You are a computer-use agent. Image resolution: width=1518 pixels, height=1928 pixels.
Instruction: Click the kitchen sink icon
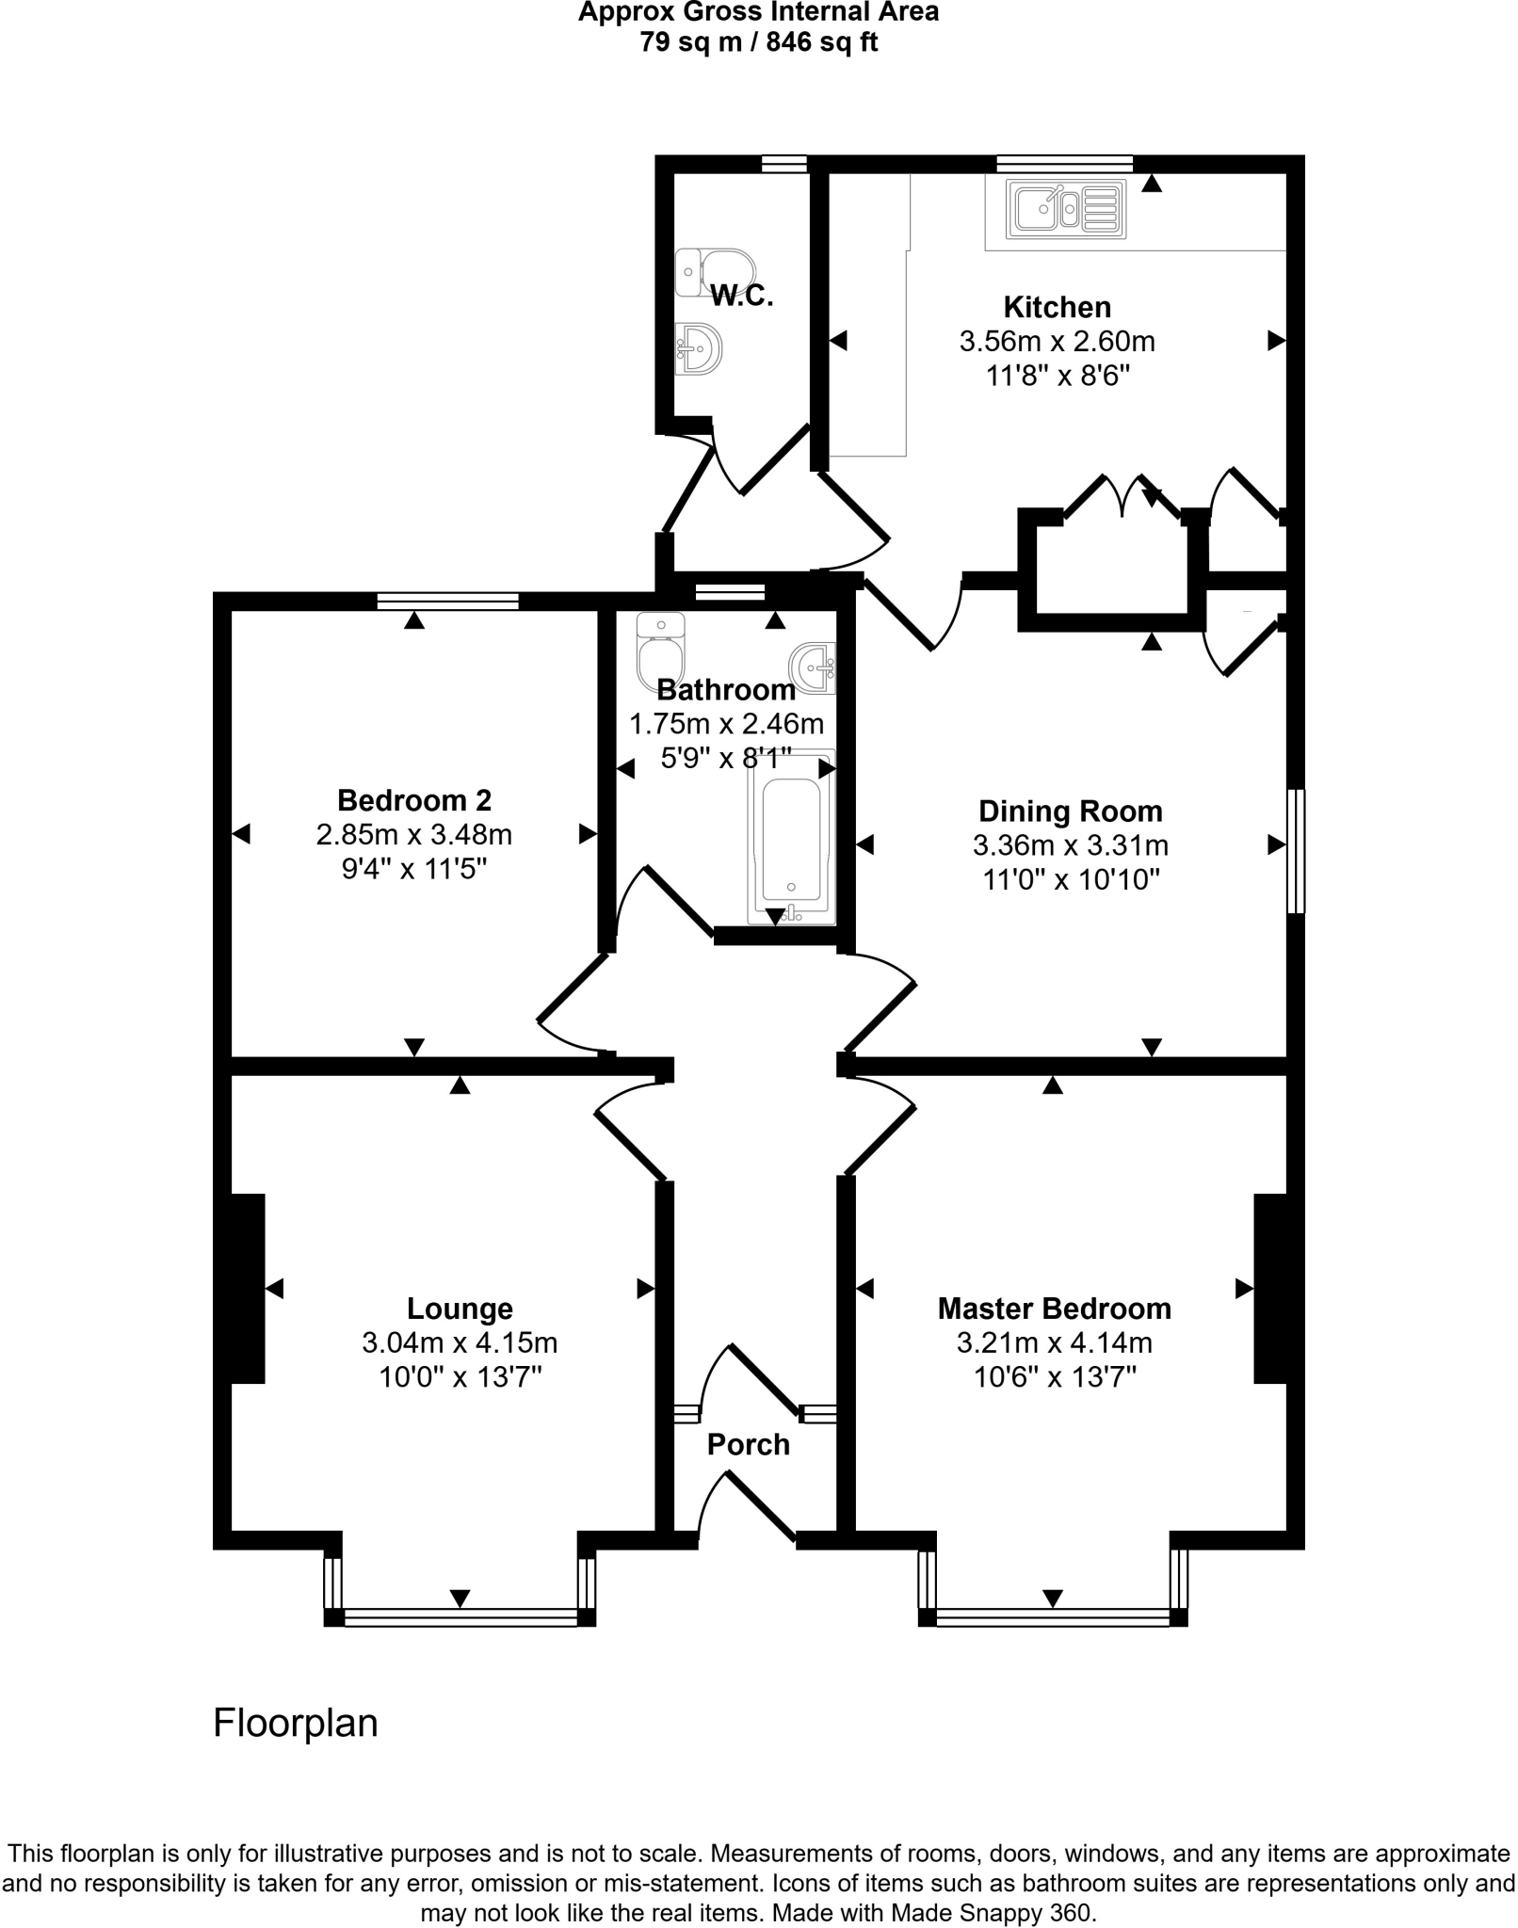(x=1066, y=208)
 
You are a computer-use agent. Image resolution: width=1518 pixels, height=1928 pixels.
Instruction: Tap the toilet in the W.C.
(x=716, y=273)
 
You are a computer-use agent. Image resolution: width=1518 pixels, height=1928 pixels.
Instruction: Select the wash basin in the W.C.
(x=699, y=349)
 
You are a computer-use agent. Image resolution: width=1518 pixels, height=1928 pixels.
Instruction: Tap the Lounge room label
(x=460, y=1309)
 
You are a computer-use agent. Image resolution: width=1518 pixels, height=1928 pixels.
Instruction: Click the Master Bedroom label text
(x=1054, y=1309)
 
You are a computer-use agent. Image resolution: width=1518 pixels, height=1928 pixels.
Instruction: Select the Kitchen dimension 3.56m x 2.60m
(x=1057, y=341)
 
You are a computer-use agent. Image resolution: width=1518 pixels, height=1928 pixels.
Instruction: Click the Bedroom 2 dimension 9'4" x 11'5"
(x=414, y=869)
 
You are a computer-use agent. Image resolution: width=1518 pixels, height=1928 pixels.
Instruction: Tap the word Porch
(x=748, y=1444)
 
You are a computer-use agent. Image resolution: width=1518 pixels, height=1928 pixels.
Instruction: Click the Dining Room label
(x=1070, y=811)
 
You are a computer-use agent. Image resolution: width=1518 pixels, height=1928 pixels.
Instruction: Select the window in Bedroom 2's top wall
(x=447, y=602)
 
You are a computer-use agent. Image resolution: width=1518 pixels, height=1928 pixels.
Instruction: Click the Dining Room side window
(x=1296, y=851)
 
